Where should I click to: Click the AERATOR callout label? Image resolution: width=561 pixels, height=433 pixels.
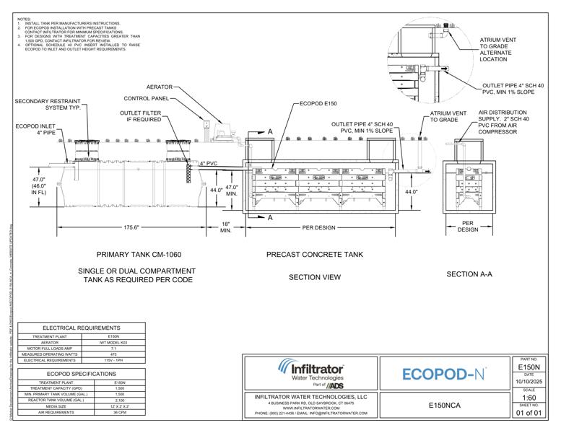point(159,87)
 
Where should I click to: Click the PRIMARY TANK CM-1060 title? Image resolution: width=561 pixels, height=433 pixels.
point(139,255)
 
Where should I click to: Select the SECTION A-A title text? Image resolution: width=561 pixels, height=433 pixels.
point(469,274)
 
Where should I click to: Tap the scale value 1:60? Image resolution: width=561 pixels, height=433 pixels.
point(528,398)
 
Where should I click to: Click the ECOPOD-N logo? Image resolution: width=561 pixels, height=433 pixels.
point(443,375)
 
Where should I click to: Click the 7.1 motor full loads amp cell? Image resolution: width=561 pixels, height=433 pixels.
point(113,349)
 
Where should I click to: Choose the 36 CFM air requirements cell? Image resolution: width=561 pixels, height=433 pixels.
point(120,411)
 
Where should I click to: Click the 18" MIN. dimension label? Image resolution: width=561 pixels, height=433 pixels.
point(225,228)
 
